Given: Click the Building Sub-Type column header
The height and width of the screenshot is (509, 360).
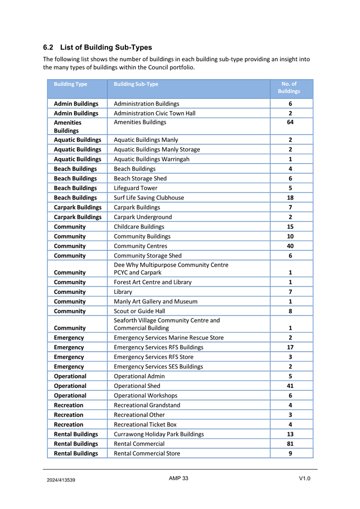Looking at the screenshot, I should click(x=136, y=84).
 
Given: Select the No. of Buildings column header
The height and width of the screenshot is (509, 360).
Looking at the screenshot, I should click(x=291, y=88).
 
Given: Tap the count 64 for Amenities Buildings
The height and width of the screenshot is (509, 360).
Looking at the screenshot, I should click(x=290, y=122).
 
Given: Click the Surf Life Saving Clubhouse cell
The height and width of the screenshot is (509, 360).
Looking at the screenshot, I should click(x=149, y=197).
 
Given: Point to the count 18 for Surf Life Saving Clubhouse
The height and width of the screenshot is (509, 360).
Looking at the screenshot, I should click(x=290, y=197).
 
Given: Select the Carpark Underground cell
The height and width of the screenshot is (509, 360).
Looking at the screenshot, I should click(x=143, y=217).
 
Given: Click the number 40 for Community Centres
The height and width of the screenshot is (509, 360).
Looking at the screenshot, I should click(x=290, y=246).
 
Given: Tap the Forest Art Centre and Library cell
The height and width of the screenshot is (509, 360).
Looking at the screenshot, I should click(x=153, y=282).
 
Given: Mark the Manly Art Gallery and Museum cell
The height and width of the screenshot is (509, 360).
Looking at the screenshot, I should click(x=155, y=301).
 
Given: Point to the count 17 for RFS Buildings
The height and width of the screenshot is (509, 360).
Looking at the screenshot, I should click(x=290, y=347).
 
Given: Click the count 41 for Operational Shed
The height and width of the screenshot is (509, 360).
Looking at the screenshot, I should click(x=290, y=386).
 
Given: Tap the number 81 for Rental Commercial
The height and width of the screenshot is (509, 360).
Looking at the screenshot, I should click(x=290, y=443).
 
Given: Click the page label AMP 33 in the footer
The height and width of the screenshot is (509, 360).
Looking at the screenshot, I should click(x=179, y=478).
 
